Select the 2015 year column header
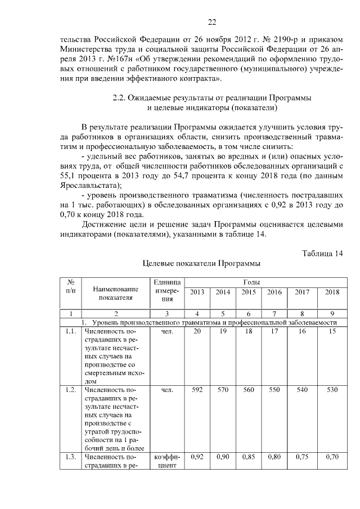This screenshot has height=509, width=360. pyautogui.click(x=249, y=292)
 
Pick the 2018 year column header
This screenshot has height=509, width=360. pyautogui.click(x=332, y=292)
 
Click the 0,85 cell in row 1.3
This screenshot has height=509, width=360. pyautogui.click(x=249, y=457)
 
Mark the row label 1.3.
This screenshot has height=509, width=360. pyautogui.click(x=70, y=457)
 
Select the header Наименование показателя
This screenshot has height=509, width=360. pyautogui.click(x=116, y=292)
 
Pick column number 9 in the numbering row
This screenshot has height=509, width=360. pyautogui.click(x=332, y=314)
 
